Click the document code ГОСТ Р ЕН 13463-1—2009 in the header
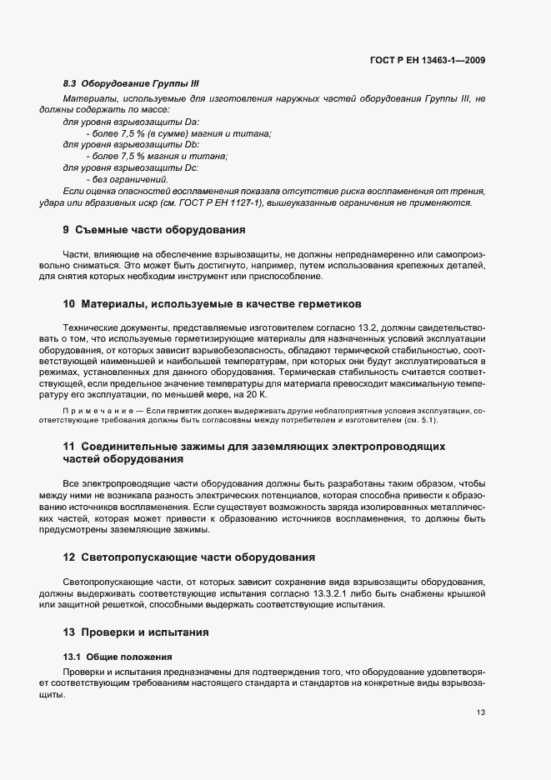(428, 60)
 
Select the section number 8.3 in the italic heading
(70, 84)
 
